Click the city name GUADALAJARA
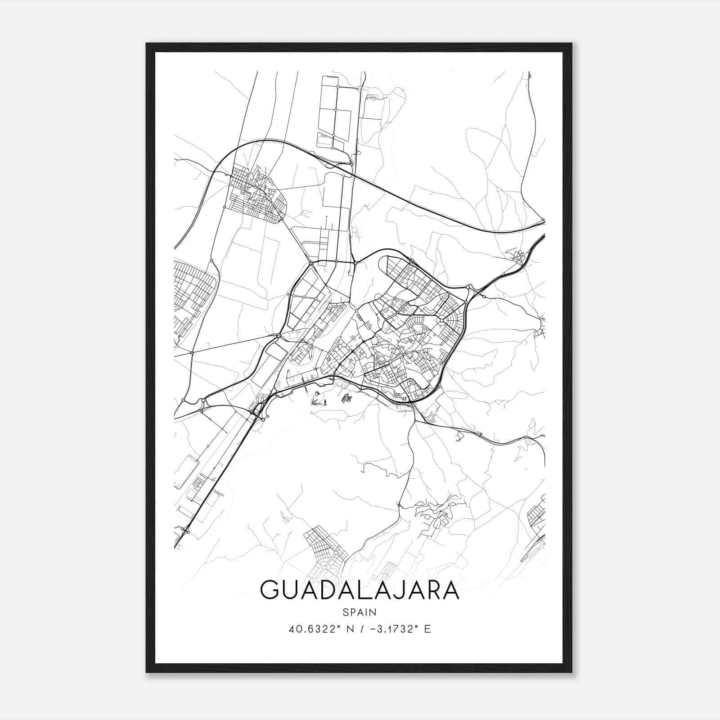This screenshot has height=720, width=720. [360, 590]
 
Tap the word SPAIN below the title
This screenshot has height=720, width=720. [360, 612]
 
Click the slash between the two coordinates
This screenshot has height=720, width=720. [363, 629]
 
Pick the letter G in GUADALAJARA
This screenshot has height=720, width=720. [270, 590]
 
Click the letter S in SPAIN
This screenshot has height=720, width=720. [345, 612]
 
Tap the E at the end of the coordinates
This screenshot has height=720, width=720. [427, 629]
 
